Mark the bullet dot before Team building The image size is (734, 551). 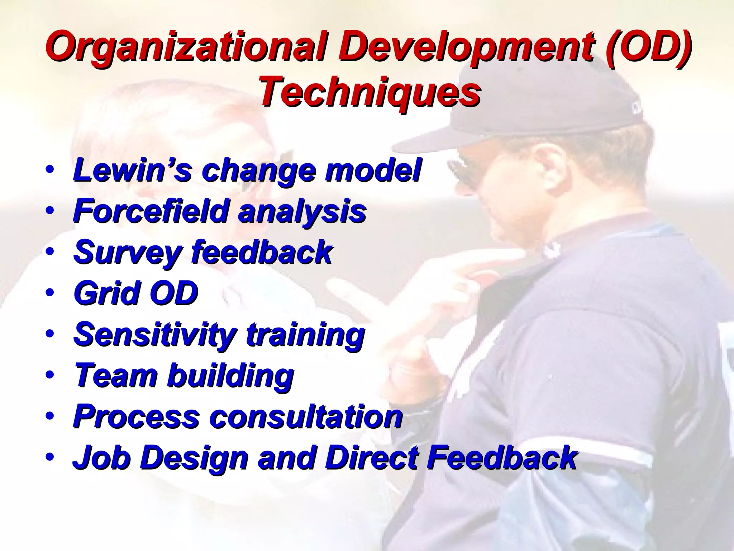click(50, 375)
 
